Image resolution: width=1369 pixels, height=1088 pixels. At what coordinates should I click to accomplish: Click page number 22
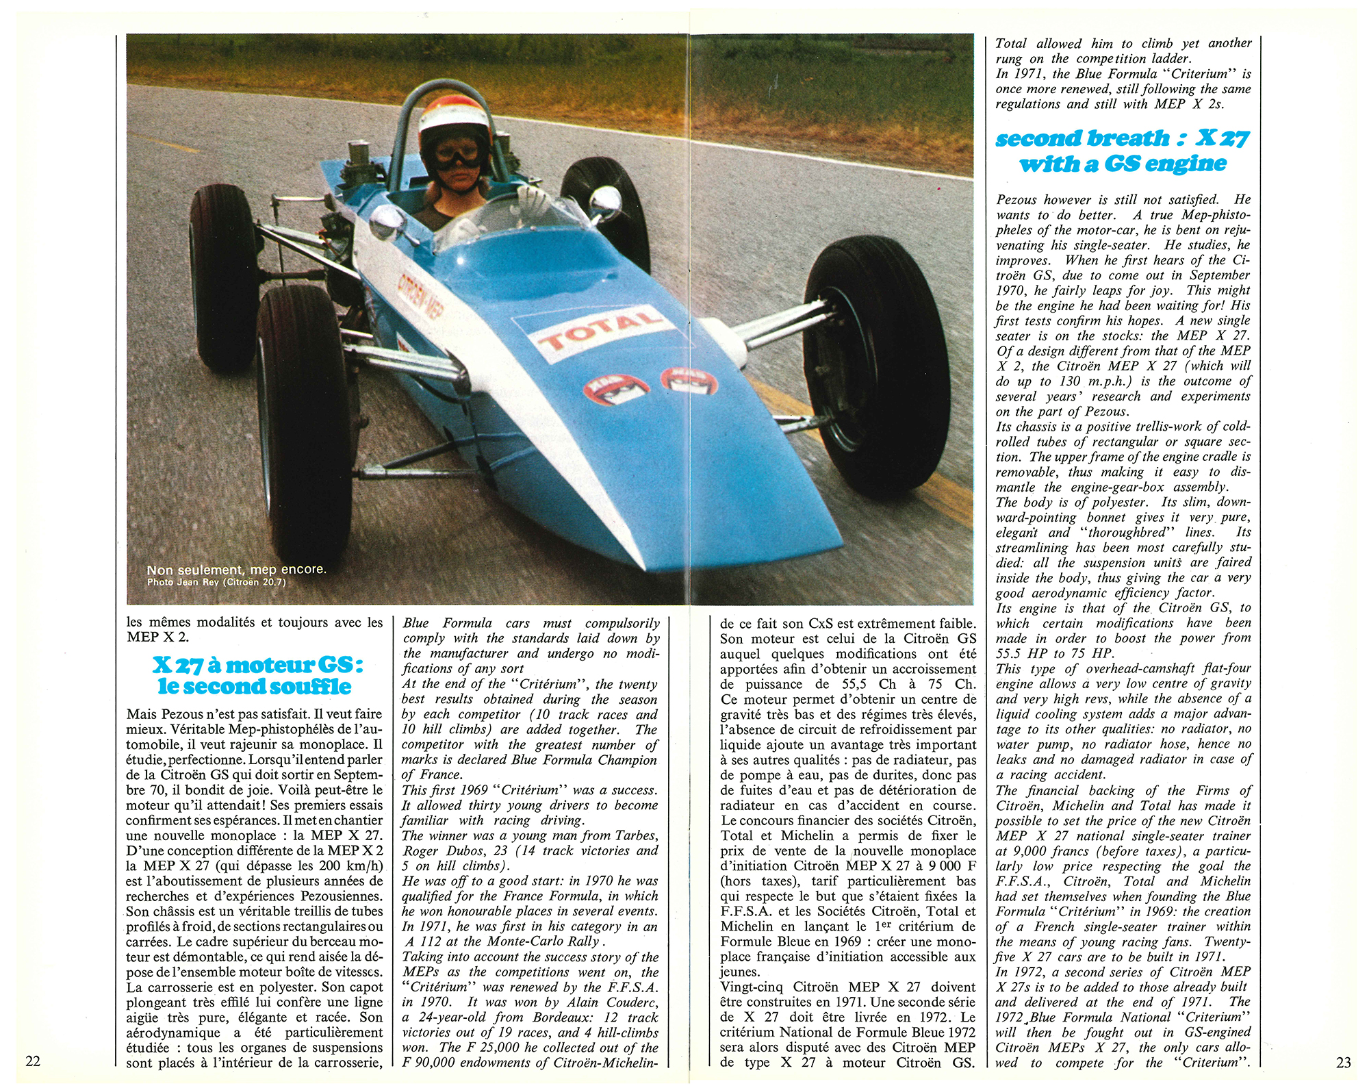click(32, 1061)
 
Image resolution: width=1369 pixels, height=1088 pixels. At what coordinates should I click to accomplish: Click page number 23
click(1343, 1062)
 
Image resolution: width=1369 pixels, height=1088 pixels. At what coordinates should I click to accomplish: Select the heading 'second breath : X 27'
click(1123, 138)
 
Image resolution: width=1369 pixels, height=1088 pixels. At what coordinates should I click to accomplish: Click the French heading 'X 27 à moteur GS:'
click(257, 664)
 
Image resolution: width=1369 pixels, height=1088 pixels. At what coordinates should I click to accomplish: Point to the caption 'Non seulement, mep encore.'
click(236, 570)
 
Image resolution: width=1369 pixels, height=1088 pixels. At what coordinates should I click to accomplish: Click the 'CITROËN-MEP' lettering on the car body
click(420, 295)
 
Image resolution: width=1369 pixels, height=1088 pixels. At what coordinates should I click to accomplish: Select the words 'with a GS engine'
click(1123, 164)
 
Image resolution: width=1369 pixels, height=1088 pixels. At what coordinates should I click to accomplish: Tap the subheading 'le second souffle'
click(255, 687)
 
